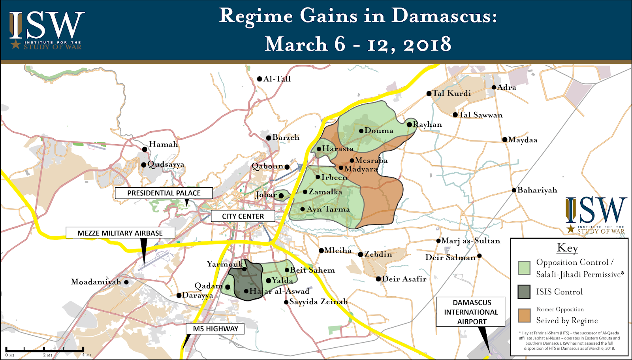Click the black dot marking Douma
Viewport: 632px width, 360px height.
coord(361,131)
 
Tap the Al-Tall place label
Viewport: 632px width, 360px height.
coord(277,79)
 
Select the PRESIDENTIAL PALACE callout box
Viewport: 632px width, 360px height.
coord(164,193)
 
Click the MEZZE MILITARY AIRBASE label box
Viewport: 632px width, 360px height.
coord(120,233)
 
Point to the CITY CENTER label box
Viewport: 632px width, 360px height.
coord(243,216)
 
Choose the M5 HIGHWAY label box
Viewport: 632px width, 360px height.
coord(215,329)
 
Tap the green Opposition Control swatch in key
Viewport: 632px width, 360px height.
coord(524,268)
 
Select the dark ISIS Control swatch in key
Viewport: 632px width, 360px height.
coord(524,292)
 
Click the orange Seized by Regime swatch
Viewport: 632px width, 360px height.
coord(524,315)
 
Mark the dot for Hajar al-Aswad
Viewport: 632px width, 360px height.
coord(246,291)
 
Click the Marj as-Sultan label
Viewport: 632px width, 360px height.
coord(470,241)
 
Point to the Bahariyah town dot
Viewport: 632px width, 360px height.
coord(514,190)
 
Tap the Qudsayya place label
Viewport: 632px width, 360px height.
coord(166,164)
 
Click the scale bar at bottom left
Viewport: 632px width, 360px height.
coord(44,350)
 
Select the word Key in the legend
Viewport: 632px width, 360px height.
coord(568,248)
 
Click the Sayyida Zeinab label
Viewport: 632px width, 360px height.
coord(318,302)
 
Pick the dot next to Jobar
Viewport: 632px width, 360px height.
coord(281,196)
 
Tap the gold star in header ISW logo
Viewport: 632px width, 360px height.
coord(15,44)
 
